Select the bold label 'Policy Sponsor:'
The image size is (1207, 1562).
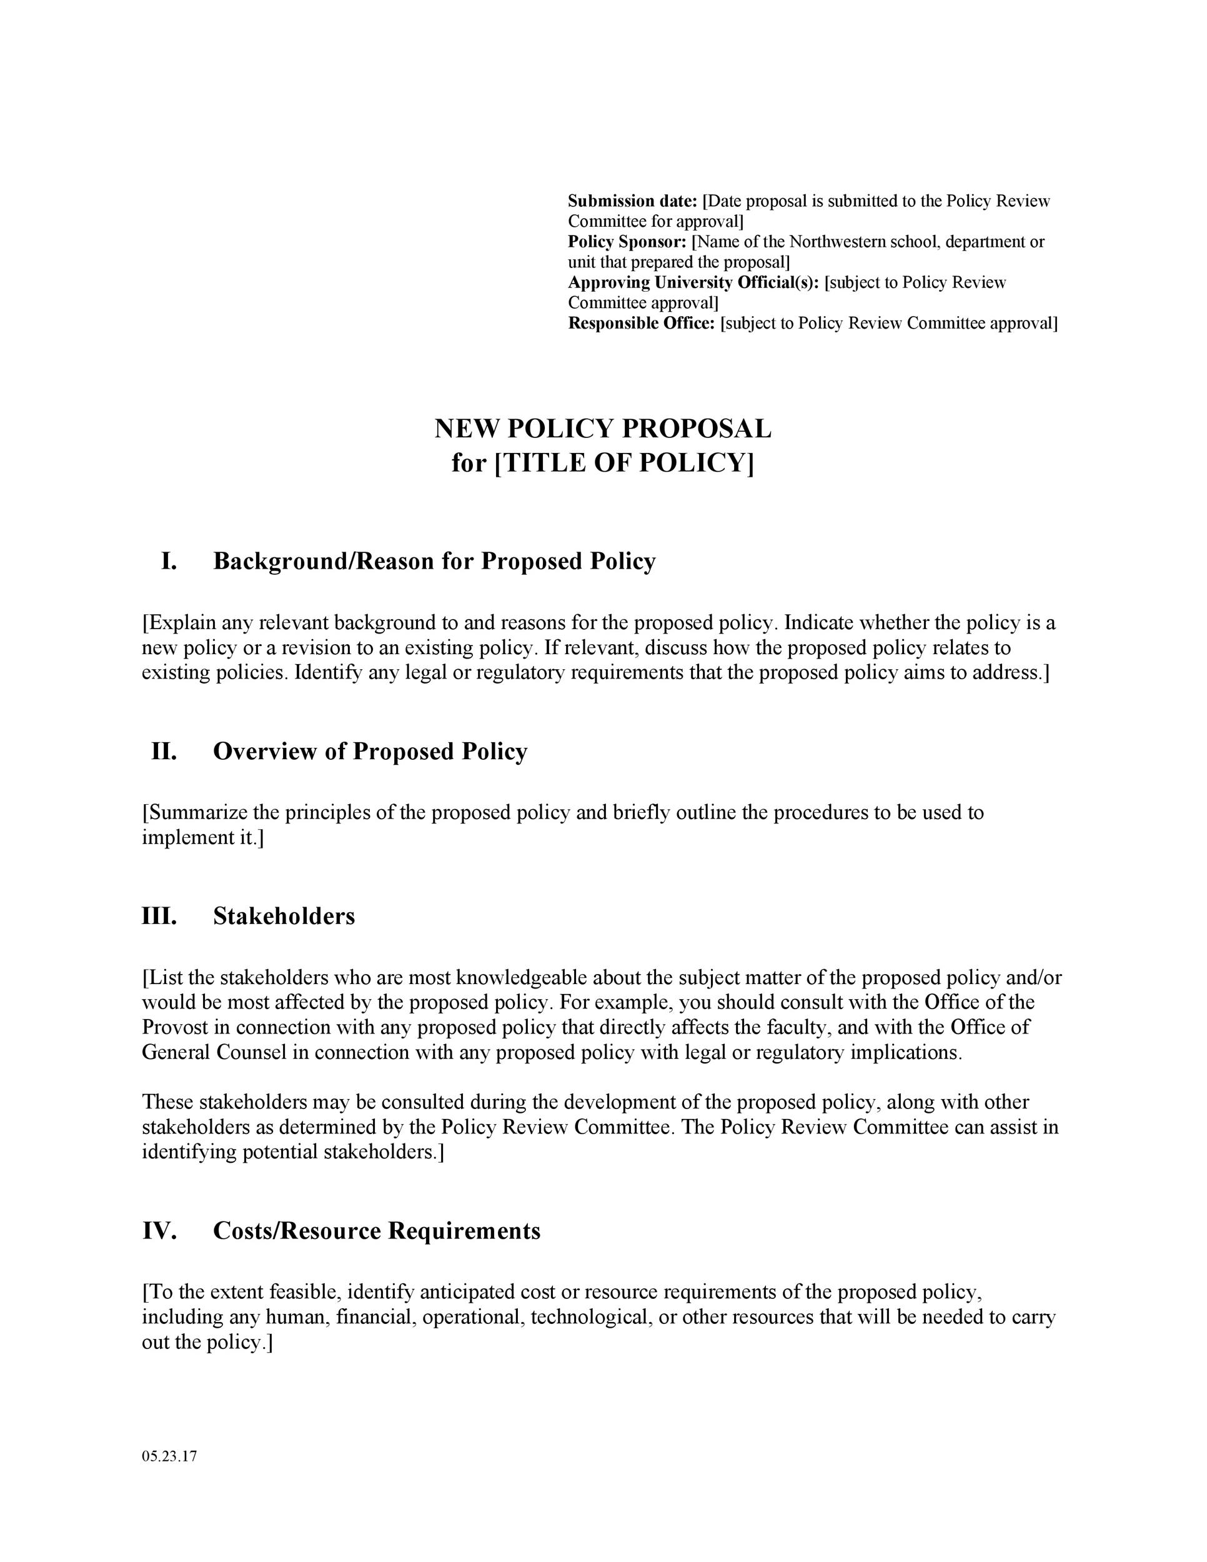[x=627, y=242]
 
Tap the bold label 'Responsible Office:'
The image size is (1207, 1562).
[x=642, y=323]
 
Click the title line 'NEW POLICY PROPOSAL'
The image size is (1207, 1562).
[x=603, y=429]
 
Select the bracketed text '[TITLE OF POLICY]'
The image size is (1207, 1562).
[x=624, y=464]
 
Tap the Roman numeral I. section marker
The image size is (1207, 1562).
[x=169, y=562]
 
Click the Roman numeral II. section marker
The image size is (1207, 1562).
[x=164, y=751]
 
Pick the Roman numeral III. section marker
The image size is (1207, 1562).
[x=159, y=916]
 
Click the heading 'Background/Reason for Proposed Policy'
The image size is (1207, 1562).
[x=434, y=562]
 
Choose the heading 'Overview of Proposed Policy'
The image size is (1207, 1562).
[x=370, y=751]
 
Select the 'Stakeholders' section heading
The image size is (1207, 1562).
[x=284, y=916]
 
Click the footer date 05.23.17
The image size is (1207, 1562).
[x=169, y=1456]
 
